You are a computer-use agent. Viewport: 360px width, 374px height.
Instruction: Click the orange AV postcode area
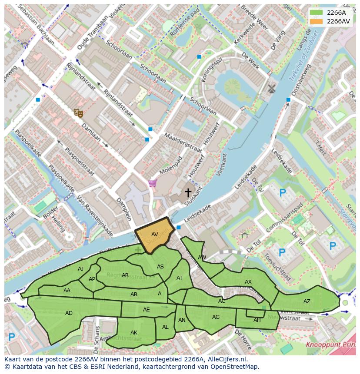(x=155, y=235)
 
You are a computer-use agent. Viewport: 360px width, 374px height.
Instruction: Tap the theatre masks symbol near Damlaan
(x=78, y=113)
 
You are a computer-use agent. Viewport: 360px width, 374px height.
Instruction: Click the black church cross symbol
(x=188, y=192)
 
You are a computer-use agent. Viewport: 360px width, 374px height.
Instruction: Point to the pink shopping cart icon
(x=152, y=184)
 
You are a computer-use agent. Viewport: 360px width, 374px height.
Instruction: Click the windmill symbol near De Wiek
(x=272, y=89)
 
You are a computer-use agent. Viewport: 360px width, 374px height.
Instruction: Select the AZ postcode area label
(x=307, y=301)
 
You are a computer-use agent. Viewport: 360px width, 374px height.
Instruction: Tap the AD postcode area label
(x=69, y=313)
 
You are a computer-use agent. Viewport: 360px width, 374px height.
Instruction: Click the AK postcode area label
(x=133, y=333)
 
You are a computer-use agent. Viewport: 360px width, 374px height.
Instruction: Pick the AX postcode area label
(x=248, y=282)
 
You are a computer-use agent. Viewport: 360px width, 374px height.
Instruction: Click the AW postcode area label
(x=202, y=257)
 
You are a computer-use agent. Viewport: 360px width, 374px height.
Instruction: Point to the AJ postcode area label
(x=80, y=269)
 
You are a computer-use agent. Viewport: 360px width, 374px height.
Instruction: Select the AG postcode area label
(x=216, y=317)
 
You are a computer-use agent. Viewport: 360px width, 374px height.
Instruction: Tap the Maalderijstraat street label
(x=183, y=142)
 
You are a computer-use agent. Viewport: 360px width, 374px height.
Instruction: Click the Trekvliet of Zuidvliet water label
(x=304, y=54)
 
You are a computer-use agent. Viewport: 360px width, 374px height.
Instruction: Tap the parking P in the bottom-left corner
(x=12, y=337)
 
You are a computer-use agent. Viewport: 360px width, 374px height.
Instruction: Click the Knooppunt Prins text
(x=330, y=345)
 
